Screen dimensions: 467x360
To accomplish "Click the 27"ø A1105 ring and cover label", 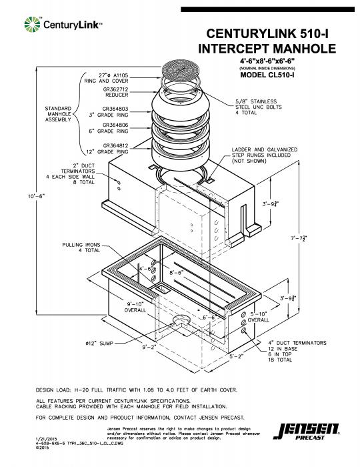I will pos(113,77).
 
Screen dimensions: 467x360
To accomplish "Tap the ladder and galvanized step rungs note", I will pos(264,155).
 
